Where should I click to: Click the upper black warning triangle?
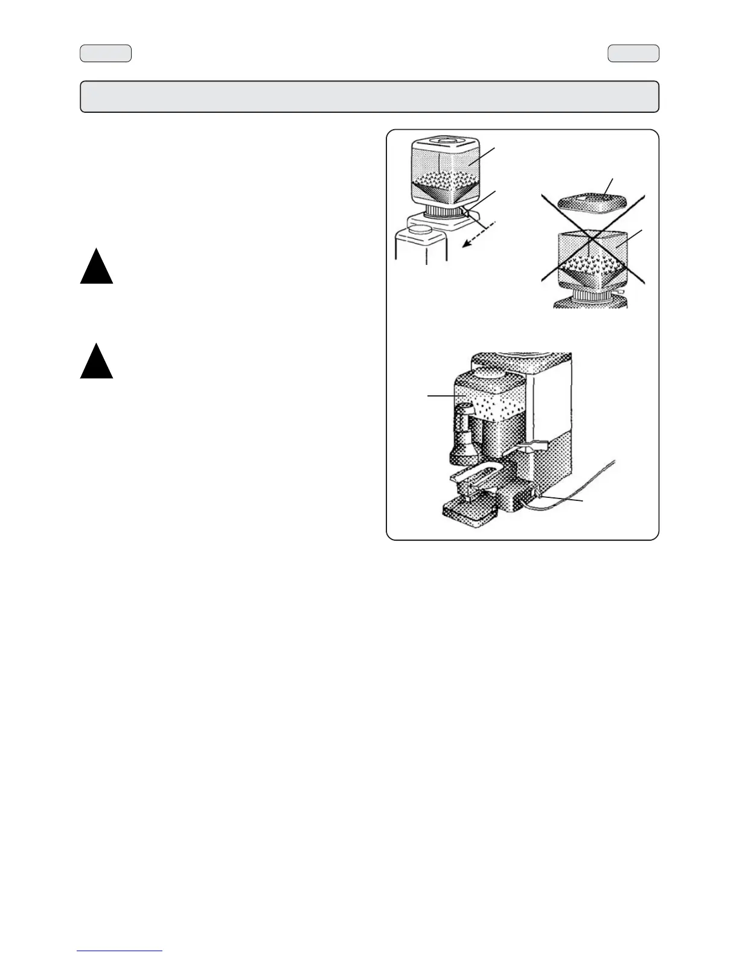[97, 270]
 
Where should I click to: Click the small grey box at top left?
[106, 54]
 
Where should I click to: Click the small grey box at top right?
[633, 54]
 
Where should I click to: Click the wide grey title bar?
[369, 97]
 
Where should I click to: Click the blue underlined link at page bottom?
[120, 951]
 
